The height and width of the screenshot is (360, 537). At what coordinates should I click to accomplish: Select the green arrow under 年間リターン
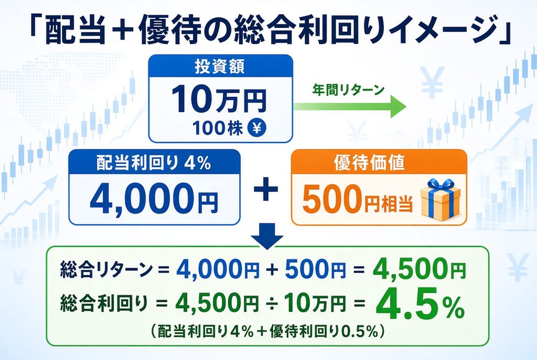click(350, 106)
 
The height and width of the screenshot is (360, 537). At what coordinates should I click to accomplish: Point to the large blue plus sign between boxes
click(265, 191)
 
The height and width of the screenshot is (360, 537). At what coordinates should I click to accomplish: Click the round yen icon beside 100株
click(257, 128)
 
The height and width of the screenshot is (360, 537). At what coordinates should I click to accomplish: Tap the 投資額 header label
click(220, 67)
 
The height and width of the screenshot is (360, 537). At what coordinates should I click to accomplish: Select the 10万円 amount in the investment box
click(219, 99)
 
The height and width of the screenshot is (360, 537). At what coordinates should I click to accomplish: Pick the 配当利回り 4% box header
click(154, 162)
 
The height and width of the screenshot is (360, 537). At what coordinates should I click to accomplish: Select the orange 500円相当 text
click(357, 199)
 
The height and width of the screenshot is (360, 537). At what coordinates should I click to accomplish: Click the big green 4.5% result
click(420, 303)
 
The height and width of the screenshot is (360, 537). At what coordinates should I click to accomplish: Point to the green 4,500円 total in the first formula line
click(420, 268)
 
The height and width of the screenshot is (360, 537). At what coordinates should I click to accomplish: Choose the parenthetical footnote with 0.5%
click(266, 332)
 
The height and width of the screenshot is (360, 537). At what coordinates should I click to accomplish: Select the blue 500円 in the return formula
click(315, 269)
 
